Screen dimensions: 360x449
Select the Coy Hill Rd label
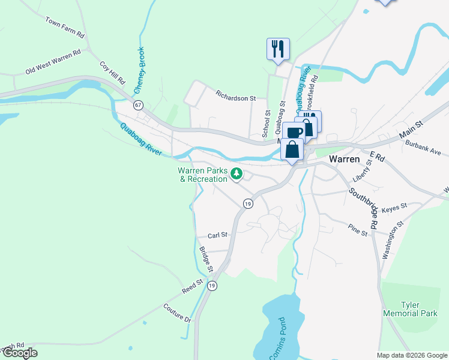point(112,73)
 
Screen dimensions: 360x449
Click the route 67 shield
point(139,105)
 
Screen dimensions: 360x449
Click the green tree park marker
point(237,175)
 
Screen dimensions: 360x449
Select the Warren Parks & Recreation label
point(202,175)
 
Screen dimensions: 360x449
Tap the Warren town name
point(345,160)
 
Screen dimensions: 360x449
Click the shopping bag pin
point(292,150)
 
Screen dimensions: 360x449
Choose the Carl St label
point(218,236)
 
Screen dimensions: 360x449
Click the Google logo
point(20,353)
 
